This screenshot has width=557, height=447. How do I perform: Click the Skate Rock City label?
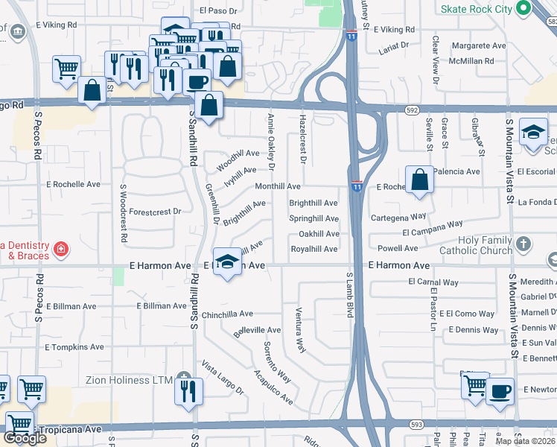[x=477, y=9]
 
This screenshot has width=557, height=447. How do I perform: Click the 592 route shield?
[x=411, y=110]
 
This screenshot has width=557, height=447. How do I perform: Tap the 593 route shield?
[x=416, y=424]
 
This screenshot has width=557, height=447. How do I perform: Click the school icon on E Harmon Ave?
[x=228, y=261]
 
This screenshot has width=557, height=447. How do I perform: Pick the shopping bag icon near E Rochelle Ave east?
[x=420, y=180]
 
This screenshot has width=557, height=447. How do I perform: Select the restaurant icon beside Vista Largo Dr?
[x=188, y=390]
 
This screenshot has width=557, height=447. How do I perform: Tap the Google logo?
[x=25, y=438]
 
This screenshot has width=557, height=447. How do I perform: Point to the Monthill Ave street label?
[x=278, y=186]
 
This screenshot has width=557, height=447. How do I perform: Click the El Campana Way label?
[x=432, y=228]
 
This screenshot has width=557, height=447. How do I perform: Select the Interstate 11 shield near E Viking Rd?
[x=351, y=34]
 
